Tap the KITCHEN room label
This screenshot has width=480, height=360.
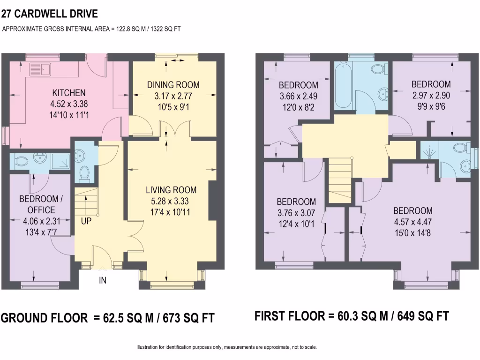point(68,92)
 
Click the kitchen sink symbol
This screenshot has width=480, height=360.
point(40,69)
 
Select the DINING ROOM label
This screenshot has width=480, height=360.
point(173,85)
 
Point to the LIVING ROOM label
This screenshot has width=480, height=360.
point(171,190)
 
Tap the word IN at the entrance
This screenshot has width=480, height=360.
point(103,280)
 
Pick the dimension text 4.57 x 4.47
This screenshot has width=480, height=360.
point(412,221)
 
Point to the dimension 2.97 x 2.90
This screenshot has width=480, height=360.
point(431,95)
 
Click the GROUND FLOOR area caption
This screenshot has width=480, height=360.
point(107,318)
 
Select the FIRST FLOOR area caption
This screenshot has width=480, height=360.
point(352,316)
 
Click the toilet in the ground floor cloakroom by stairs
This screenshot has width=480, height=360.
point(85,172)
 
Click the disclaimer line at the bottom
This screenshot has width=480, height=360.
point(226,347)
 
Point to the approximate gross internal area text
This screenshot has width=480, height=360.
point(92,29)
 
